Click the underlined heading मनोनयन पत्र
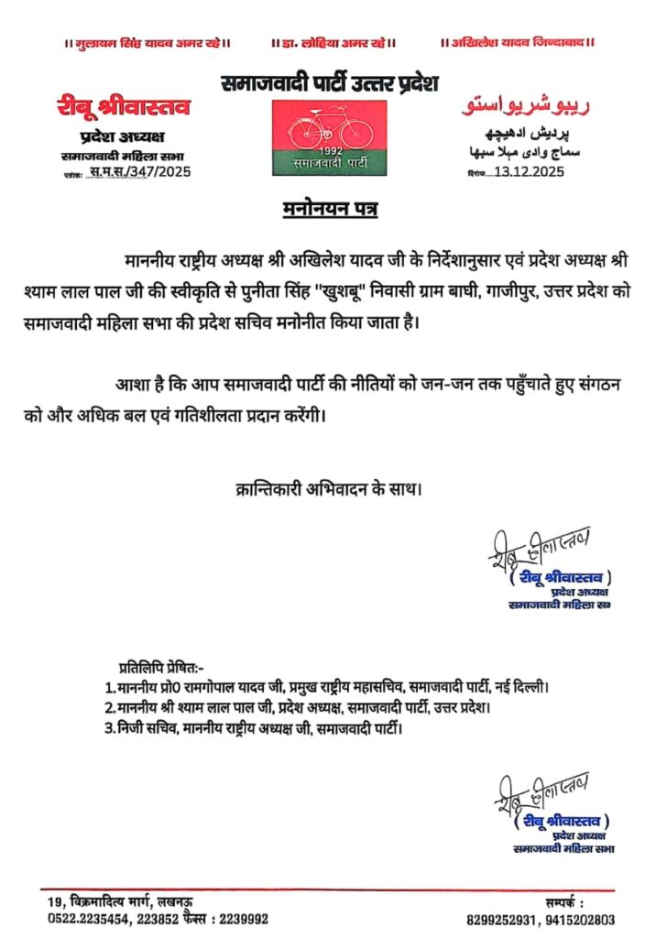coord(328,213)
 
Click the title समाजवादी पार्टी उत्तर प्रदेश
coord(330,83)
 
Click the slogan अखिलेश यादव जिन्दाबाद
coord(519,43)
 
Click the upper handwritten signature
coord(540,549)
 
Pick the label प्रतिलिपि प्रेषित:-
coord(163,665)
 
